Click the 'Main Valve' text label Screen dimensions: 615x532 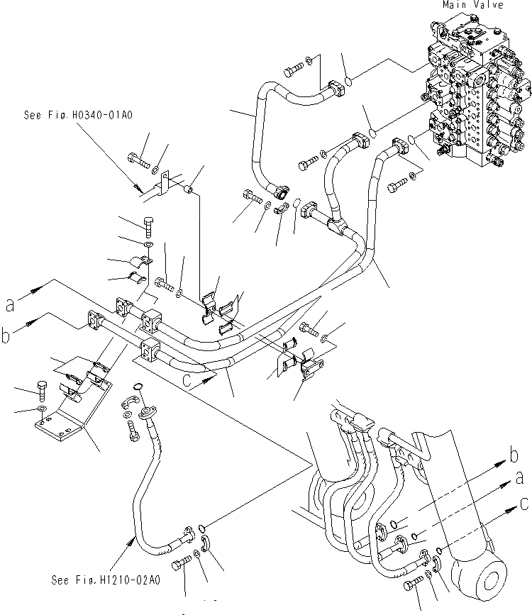click(473, 5)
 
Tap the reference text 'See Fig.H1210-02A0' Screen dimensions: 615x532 click(106, 580)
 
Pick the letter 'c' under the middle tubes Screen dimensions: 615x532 click(187, 379)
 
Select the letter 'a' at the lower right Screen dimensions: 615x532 click(519, 480)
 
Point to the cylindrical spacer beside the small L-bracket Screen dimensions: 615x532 click(189, 191)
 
